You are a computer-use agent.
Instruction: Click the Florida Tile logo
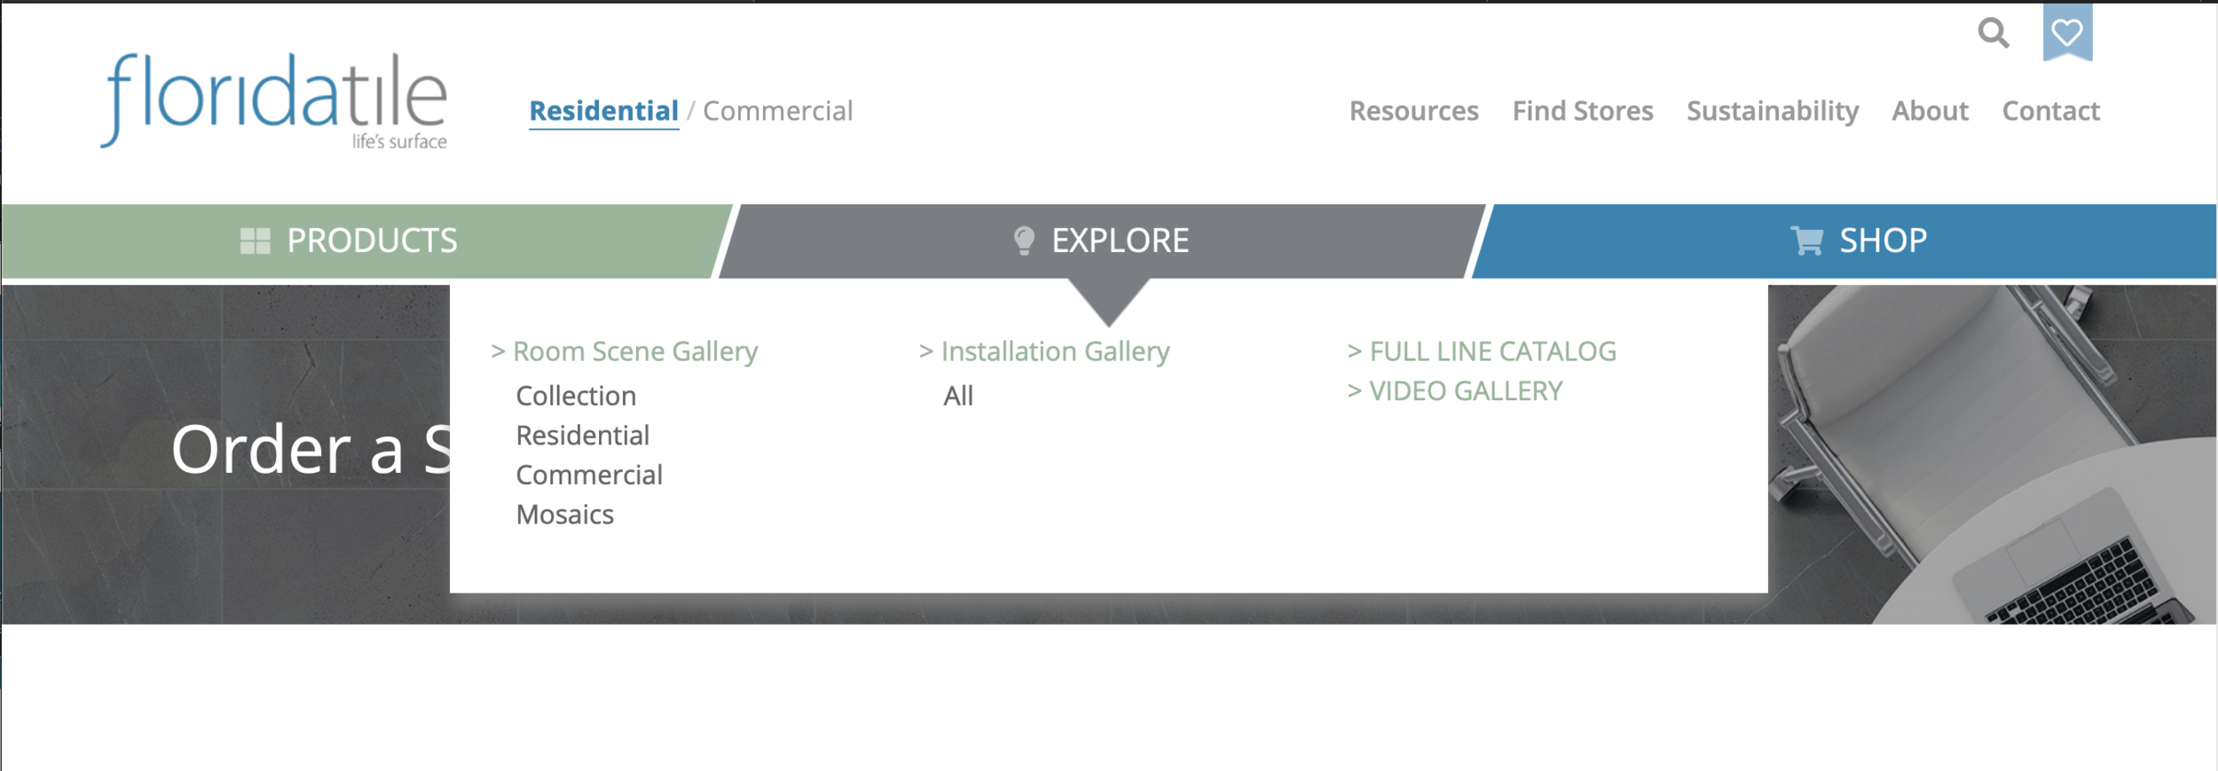(274, 100)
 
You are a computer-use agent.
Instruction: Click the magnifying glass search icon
(1993, 34)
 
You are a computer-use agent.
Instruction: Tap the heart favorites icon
(2067, 33)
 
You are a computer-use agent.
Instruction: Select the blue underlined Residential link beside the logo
(603, 111)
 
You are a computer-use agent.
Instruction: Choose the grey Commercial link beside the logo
(777, 111)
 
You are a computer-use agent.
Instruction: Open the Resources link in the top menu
(1413, 111)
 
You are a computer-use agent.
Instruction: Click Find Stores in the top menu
(1583, 111)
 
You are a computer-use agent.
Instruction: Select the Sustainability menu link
(1772, 111)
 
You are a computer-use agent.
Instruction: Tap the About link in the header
(1930, 111)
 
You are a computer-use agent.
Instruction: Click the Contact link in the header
(2050, 111)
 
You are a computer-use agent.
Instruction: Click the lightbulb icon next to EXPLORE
(1024, 240)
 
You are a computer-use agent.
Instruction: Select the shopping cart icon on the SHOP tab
(1806, 240)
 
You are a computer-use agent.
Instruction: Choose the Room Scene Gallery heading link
(634, 351)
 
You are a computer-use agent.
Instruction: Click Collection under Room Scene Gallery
(576, 396)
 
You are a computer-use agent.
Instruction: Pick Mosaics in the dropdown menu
(564, 515)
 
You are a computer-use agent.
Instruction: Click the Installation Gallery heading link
(1055, 351)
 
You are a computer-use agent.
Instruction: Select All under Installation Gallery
(958, 396)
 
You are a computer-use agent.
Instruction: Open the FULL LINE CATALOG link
(1492, 351)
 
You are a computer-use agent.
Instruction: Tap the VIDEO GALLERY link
(1466, 391)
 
